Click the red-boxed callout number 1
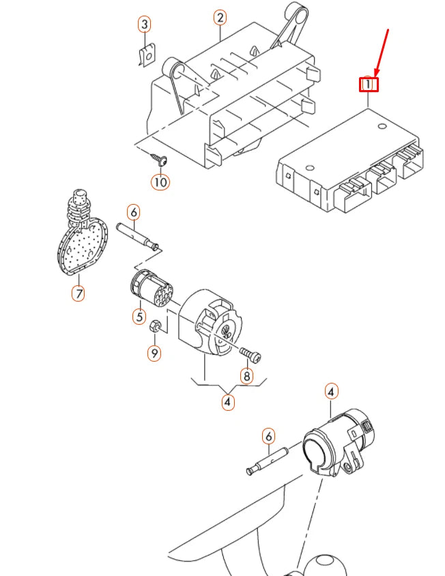tap(369, 85)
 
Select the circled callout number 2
tap(220, 17)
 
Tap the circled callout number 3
tap(144, 25)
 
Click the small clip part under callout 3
tap(145, 57)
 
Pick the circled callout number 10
tap(160, 182)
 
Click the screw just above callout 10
tap(160, 160)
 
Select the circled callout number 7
tap(78, 294)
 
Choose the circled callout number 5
tap(139, 317)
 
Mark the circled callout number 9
tap(154, 353)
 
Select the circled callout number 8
tap(246, 375)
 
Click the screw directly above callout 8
tap(251, 354)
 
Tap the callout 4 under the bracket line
tap(227, 402)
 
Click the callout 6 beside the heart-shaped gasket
tap(134, 212)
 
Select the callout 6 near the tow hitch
tap(268, 435)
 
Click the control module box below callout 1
tap(348, 161)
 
